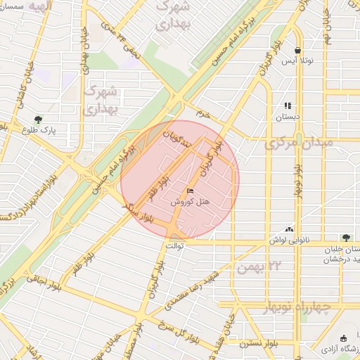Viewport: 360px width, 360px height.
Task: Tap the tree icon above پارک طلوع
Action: click(37, 120)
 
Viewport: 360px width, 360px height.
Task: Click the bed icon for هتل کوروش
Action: click(190, 191)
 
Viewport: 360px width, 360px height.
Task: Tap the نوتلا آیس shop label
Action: click(298, 61)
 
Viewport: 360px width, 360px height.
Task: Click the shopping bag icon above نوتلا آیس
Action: click(298, 51)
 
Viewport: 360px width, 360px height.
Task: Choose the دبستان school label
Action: click(288, 117)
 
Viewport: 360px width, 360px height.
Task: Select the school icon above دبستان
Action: click(288, 106)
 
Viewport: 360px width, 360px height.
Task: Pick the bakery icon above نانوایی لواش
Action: click(289, 229)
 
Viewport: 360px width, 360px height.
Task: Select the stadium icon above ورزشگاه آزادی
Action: click(343, 340)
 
